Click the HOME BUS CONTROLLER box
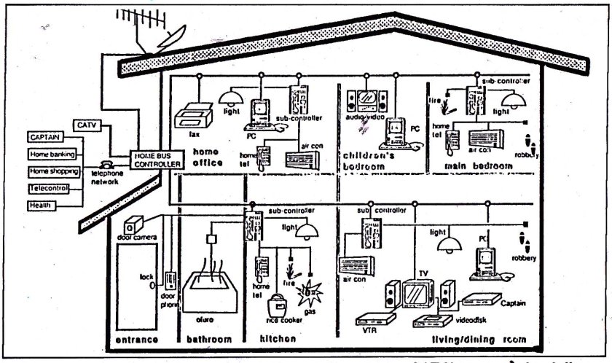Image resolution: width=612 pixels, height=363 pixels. click(x=155, y=160)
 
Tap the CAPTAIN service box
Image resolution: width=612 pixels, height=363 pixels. click(x=46, y=137)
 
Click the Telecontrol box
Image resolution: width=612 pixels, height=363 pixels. click(x=49, y=189)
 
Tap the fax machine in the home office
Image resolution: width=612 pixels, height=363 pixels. click(x=192, y=114)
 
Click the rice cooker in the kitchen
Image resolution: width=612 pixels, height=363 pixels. click(x=279, y=307)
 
